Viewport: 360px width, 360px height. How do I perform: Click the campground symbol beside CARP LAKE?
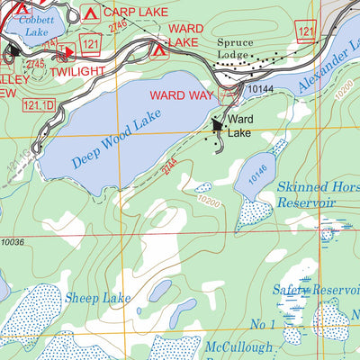pyautogui.click(x=88, y=13)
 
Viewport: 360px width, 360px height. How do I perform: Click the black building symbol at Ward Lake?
pyautogui.click(x=217, y=127)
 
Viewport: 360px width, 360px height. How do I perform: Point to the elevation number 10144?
pyautogui.click(x=259, y=89)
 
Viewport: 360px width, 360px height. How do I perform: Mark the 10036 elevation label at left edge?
pyautogui.click(x=13, y=241)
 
